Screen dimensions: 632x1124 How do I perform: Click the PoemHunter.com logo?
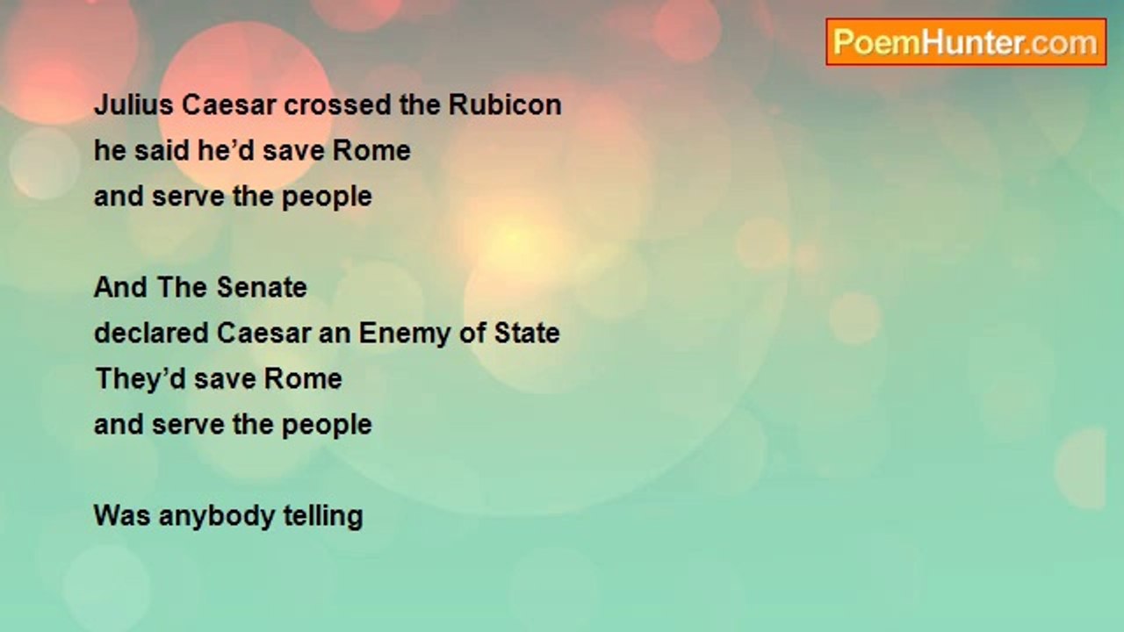(965, 42)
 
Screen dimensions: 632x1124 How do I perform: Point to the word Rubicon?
(505, 104)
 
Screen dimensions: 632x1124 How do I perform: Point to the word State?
(529, 333)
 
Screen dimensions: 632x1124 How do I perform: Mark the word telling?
(322, 516)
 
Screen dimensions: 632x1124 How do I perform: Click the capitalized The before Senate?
(183, 287)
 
